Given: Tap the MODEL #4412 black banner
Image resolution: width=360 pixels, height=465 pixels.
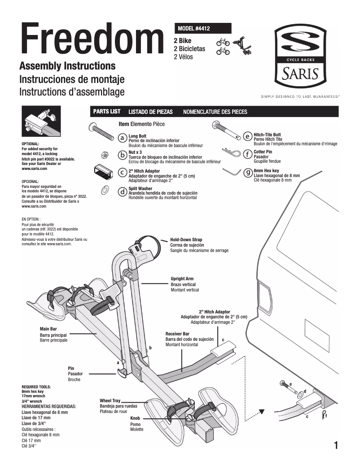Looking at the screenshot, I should point(204,28).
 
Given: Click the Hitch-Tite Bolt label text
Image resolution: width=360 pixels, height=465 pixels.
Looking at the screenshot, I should point(268,135).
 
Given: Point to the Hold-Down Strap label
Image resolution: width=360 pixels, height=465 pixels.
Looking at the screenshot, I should point(186,240).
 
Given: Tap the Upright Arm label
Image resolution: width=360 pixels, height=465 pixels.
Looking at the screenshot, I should point(182,279).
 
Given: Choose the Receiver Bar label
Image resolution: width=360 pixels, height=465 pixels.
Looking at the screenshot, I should point(178,334).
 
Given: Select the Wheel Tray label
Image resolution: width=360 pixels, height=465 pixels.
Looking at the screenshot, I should point(110,400).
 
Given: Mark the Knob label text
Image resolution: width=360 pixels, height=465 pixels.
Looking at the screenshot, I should point(135,418).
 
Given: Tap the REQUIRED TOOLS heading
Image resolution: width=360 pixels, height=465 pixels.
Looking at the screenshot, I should point(36,387).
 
